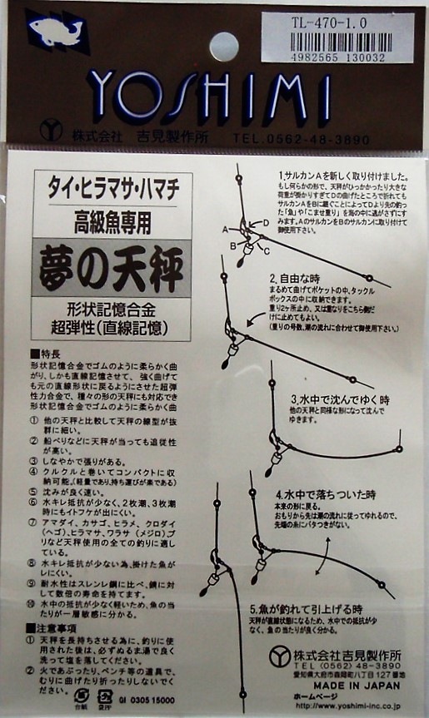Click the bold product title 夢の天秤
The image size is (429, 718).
[x=113, y=270]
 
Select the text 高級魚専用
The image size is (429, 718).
[x=113, y=220]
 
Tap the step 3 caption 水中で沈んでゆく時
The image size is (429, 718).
[x=338, y=399]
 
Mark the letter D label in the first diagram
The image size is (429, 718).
[x=265, y=223]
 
